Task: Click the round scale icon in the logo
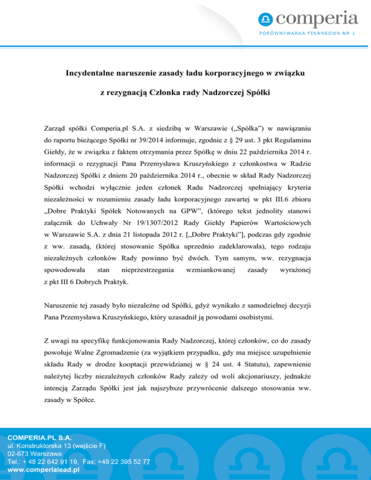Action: tap(266, 20)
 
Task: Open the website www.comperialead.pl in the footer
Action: tap(43, 469)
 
